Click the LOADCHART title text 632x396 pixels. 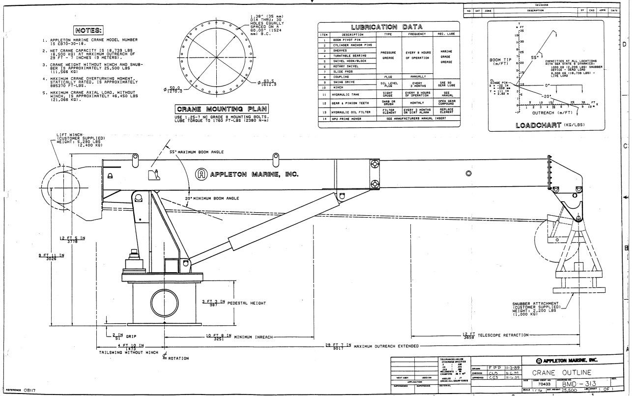(x=533, y=125)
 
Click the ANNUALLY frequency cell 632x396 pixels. (x=417, y=77)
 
